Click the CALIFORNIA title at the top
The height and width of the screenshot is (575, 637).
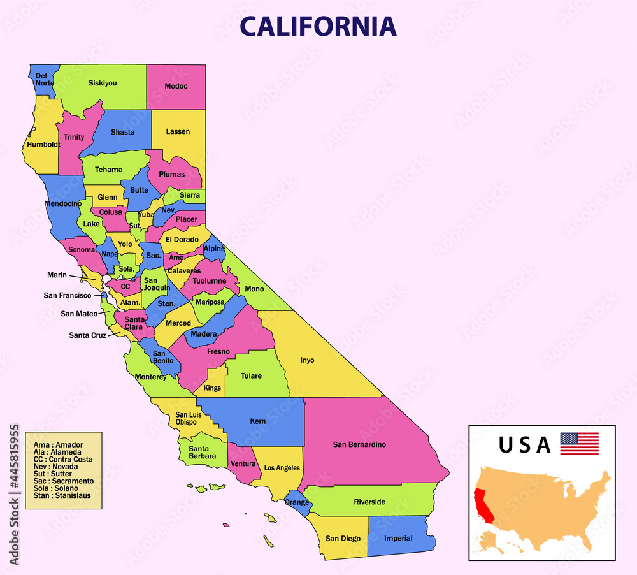pos(318,26)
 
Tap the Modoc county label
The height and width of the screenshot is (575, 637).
pos(176,86)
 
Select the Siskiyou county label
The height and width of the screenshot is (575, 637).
pos(103,83)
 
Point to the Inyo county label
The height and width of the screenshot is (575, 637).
pos(308,360)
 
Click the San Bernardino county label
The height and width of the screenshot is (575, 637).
pos(359,444)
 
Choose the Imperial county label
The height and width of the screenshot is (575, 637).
pos(398,538)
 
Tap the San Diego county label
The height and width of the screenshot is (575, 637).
pos(343,539)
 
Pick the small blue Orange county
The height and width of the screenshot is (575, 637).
pos(297,502)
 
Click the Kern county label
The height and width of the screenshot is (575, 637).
pos(258,421)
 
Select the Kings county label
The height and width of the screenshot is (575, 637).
pos(213,388)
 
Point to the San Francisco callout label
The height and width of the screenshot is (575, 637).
pos(68,295)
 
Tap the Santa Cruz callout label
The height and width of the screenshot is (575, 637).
pos(88,335)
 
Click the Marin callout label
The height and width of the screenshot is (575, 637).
pos(57,275)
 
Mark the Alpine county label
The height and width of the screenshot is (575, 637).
pos(214,249)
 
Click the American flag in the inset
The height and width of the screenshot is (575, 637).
pos(579,444)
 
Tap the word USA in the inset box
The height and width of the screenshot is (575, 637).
pos(524,444)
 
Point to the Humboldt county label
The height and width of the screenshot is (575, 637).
pos(43,145)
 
